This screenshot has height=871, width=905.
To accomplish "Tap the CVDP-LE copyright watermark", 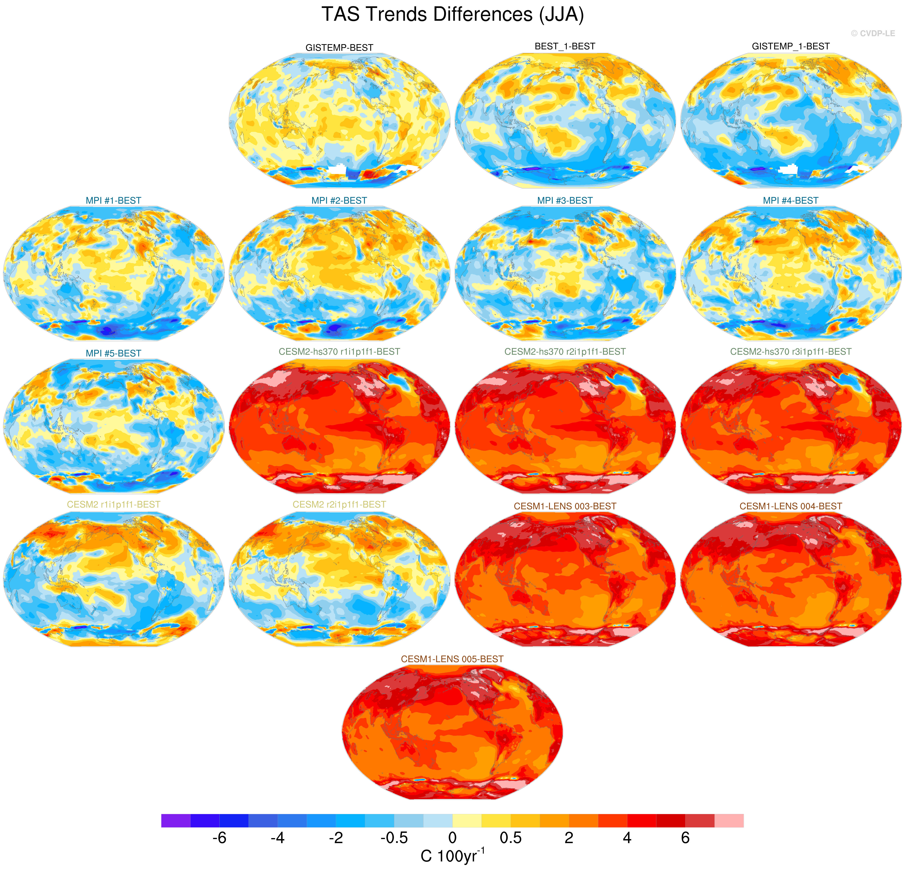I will point(873,33).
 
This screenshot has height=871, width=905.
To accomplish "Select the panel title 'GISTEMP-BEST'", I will point(339,48).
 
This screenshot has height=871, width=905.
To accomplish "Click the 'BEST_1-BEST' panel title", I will point(565,46).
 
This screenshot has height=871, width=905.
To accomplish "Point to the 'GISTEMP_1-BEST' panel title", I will point(790,46).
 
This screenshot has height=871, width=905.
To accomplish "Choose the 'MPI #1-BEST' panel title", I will point(114,200).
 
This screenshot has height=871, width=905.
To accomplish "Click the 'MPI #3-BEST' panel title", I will point(565,200).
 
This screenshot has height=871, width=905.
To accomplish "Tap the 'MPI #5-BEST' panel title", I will point(114,353).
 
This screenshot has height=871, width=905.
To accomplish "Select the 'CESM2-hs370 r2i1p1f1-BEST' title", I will point(565,351).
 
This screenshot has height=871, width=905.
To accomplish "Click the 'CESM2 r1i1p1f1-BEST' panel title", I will point(114,504).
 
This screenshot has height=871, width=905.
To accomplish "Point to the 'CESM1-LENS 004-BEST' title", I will point(790,506).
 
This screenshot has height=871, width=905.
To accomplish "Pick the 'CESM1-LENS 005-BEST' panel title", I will point(452,659).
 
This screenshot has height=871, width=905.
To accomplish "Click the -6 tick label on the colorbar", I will point(219,838).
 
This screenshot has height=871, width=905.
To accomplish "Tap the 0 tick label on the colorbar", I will point(452,838).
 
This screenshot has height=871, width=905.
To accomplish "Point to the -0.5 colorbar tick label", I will point(394,838).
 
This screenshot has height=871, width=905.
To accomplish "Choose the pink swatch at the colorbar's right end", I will point(729,821).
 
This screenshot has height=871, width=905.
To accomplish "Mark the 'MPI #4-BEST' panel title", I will point(790,200).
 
